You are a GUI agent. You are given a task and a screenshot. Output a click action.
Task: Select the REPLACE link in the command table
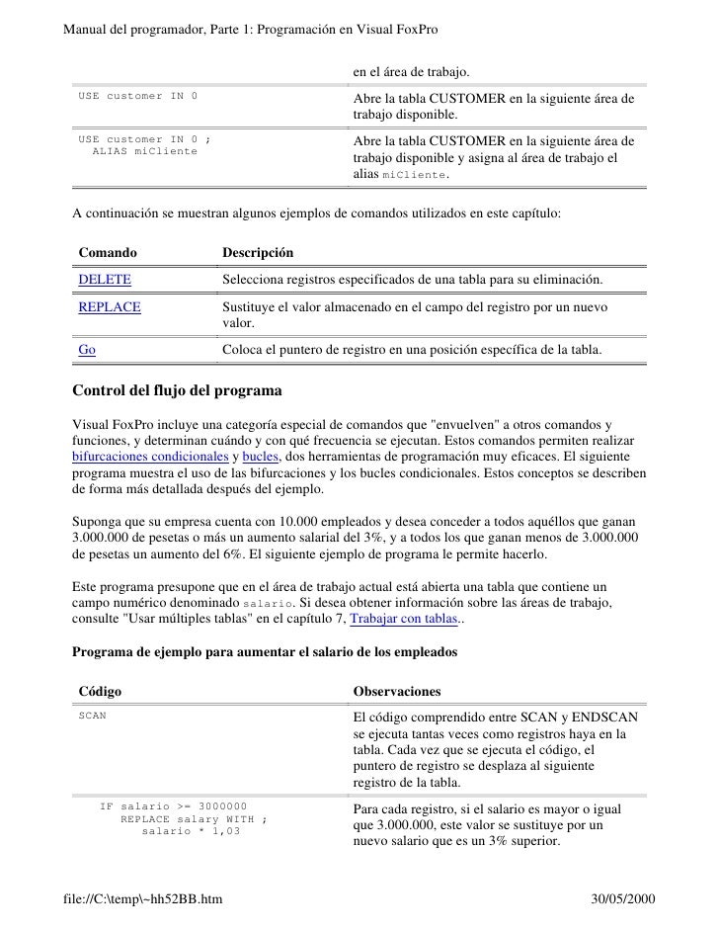pos(110,307)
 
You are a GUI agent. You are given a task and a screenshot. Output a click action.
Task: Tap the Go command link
pos(87,350)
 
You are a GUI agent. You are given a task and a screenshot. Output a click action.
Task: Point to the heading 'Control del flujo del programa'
pos(178,388)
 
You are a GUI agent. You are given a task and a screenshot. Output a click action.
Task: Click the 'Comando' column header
pos(108,254)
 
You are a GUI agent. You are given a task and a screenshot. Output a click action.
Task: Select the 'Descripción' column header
pos(258,254)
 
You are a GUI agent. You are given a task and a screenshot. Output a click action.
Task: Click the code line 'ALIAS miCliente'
pos(144,151)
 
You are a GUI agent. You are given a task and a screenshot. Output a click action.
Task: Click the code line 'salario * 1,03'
pos(192,830)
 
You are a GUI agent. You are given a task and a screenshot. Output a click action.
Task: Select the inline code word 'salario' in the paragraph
pos(269,603)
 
